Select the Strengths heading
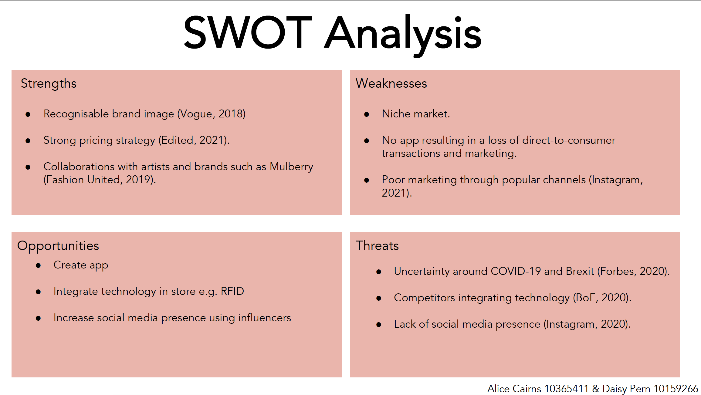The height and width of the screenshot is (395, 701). (49, 84)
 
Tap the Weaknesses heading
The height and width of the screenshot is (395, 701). (391, 83)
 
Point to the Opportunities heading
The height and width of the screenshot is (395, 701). (58, 246)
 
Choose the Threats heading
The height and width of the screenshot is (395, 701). (377, 246)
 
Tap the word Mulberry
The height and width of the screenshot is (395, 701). (291, 167)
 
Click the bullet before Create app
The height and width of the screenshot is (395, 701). (38, 265)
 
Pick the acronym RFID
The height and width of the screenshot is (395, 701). (232, 291)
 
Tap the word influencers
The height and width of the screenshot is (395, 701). (265, 318)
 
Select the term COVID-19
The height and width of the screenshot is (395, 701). (516, 271)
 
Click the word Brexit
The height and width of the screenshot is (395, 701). (580, 271)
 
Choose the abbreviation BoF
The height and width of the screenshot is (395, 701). (586, 298)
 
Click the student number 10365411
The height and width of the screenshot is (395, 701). (566, 389)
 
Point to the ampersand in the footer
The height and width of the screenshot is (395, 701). (595, 389)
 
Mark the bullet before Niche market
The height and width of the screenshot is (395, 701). (367, 114)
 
